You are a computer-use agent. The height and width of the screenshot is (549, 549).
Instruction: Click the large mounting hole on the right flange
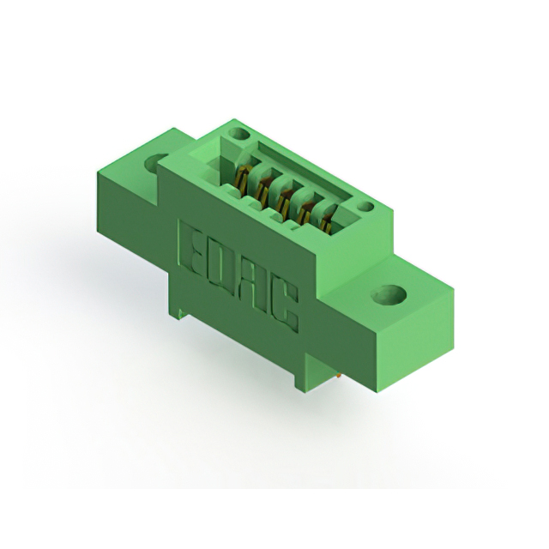389,294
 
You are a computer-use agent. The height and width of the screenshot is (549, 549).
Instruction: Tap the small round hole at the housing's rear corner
239,133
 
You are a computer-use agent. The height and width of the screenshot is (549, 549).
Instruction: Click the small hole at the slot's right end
366,208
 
